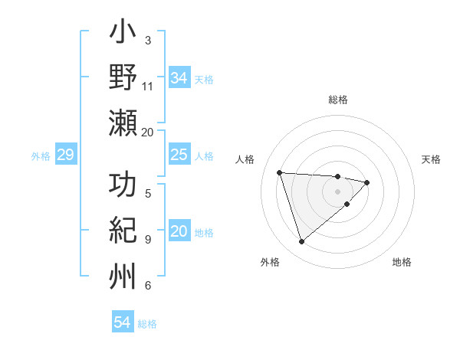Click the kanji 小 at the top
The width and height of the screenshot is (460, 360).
123,35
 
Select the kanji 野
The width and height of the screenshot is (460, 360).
123,80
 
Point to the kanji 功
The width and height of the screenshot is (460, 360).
123,186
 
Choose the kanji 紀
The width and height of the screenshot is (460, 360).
123,231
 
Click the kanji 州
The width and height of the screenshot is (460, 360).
123,276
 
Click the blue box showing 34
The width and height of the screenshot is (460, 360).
179,78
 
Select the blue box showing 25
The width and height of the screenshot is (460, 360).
179,155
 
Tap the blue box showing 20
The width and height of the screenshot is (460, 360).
179,232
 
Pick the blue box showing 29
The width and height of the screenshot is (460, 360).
65,155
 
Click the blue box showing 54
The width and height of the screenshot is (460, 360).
122,322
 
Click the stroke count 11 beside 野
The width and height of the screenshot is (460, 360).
148,86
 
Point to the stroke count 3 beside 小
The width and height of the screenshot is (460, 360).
148,40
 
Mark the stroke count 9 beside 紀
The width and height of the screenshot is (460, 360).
148,239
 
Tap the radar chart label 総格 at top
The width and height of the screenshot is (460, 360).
337,100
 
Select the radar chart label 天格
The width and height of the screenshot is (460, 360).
432,159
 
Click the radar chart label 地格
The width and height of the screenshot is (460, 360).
402,262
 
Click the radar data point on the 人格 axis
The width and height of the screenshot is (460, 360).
280,172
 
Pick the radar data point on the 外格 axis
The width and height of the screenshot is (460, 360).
301,242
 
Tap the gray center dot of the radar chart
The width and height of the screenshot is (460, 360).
337,191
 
